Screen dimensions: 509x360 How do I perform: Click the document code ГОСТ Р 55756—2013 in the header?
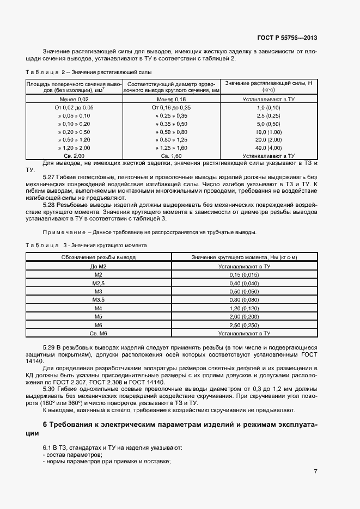tap(286, 38)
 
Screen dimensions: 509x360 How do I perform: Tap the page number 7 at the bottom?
tap(315, 471)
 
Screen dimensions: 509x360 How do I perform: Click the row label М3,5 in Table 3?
tap(99, 299)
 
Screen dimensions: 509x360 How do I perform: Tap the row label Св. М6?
tap(99, 332)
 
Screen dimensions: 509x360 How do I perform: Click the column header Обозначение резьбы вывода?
tap(99, 257)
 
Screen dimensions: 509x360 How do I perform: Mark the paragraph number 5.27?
tap(50, 177)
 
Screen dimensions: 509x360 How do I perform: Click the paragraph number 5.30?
tap(50, 390)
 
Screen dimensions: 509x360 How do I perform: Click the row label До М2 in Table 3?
tap(99, 267)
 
